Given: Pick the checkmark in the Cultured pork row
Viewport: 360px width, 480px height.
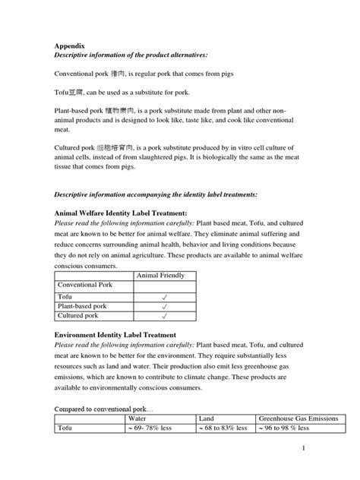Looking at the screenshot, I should click(165, 315).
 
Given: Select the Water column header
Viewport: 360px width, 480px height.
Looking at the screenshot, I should click(137, 418).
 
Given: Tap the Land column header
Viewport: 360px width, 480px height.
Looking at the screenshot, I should click(206, 418).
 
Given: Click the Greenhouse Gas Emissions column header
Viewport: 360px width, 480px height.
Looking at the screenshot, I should click(297, 418).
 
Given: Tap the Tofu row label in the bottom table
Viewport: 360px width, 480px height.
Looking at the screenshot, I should click(68, 428).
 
